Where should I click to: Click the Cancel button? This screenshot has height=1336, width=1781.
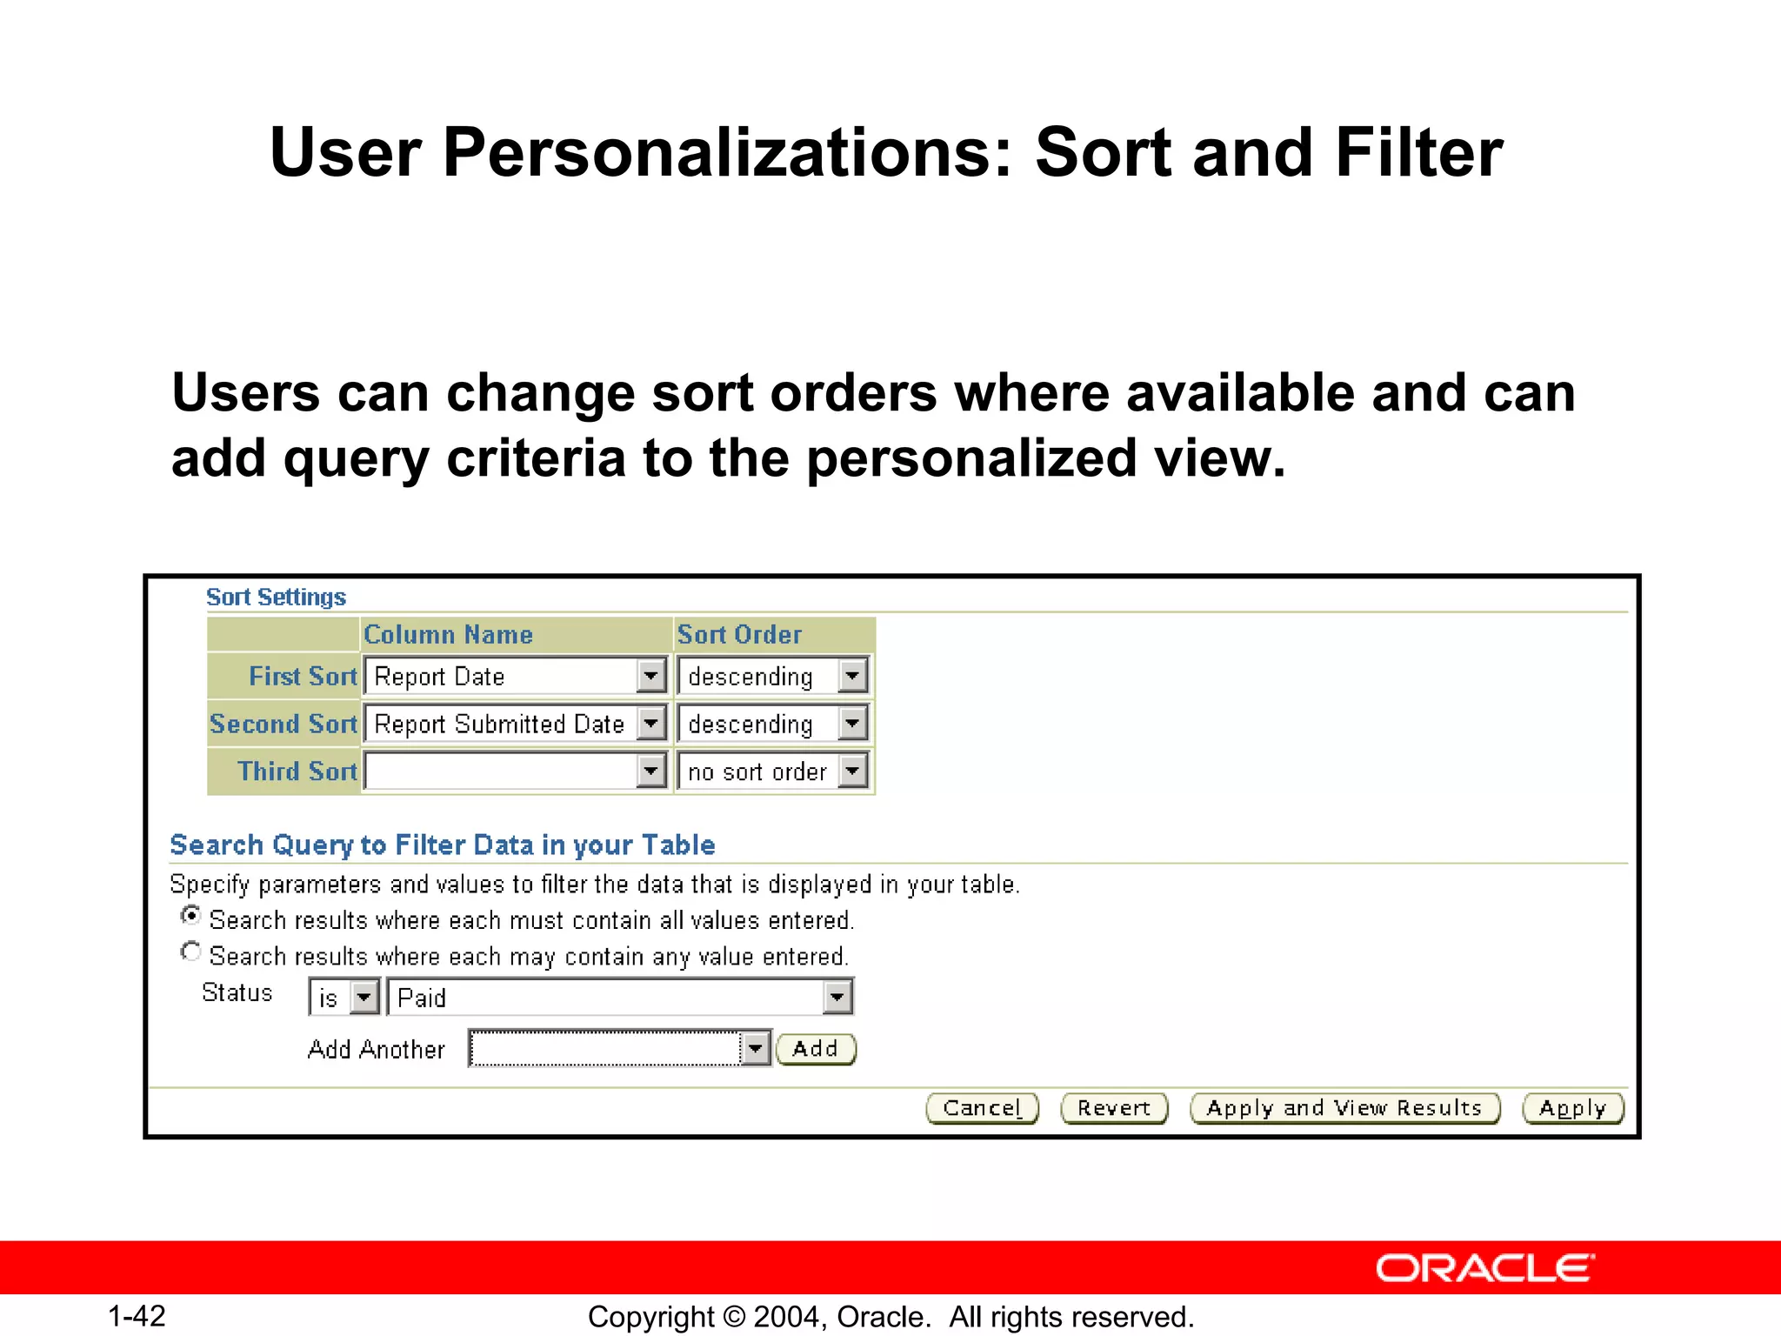[982, 1108]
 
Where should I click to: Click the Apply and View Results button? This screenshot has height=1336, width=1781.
[1344, 1108]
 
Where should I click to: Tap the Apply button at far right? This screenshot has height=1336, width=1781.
[1572, 1108]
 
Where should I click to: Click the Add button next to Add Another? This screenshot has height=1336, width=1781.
[815, 1049]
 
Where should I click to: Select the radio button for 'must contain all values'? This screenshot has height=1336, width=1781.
[190, 916]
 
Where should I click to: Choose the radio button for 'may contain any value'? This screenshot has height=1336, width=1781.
[190, 952]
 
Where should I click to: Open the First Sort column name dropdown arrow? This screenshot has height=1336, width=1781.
[650, 676]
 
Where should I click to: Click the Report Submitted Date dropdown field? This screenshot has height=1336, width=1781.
[513, 724]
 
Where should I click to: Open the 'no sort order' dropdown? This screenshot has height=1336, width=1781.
[772, 772]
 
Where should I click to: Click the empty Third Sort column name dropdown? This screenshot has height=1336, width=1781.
[513, 772]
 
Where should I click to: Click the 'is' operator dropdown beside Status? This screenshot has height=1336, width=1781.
[344, 998]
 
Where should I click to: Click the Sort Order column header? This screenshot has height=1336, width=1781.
[739, 635]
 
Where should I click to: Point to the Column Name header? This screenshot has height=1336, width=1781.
[448, 635]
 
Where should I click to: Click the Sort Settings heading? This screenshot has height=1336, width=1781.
[276, 598]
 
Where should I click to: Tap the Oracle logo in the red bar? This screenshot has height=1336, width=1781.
[1484, 1268]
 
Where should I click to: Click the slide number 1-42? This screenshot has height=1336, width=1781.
[137, 1316]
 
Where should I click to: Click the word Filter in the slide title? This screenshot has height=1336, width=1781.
[1419, 153]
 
